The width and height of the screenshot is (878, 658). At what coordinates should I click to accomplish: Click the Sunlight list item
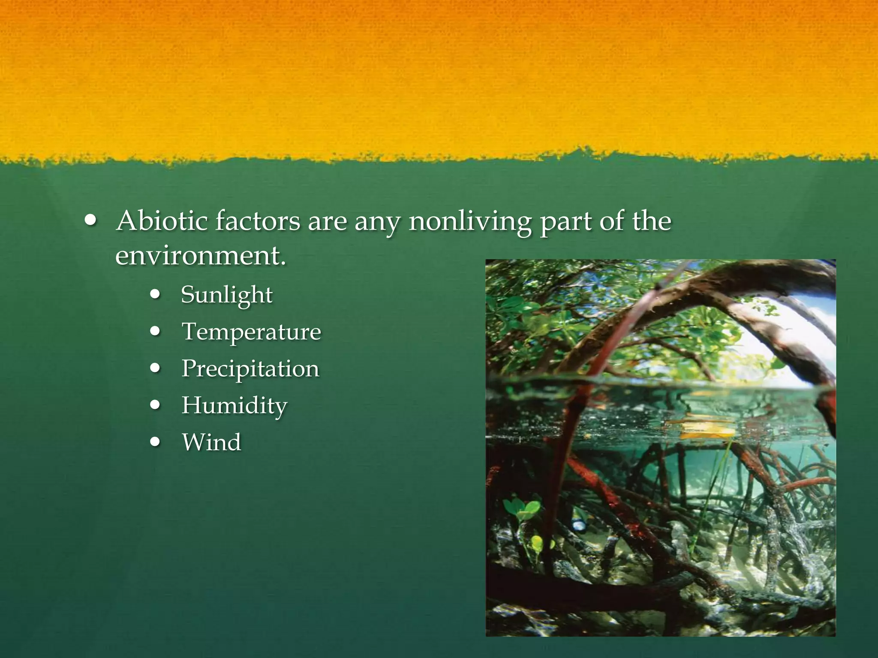click(226, 295)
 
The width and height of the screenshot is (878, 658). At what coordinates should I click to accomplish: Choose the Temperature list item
click(251, 332)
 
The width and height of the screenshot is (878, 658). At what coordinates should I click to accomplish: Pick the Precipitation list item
click(250, 369)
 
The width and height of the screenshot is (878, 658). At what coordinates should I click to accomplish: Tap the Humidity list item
click(235, 406)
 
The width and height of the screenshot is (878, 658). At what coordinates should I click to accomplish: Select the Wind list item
click(211, 442)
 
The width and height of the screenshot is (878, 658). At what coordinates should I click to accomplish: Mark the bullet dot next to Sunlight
click(156, 295)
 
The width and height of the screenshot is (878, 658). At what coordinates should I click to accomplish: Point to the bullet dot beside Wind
click(156, 442)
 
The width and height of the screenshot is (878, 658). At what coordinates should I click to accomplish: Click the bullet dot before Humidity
click(156, 405)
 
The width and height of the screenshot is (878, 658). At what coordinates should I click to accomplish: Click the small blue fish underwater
click(579, 525)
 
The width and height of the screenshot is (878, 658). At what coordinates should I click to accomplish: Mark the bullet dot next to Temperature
click(156, 331)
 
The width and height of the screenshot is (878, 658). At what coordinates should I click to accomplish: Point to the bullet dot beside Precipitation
click(156, 368)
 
